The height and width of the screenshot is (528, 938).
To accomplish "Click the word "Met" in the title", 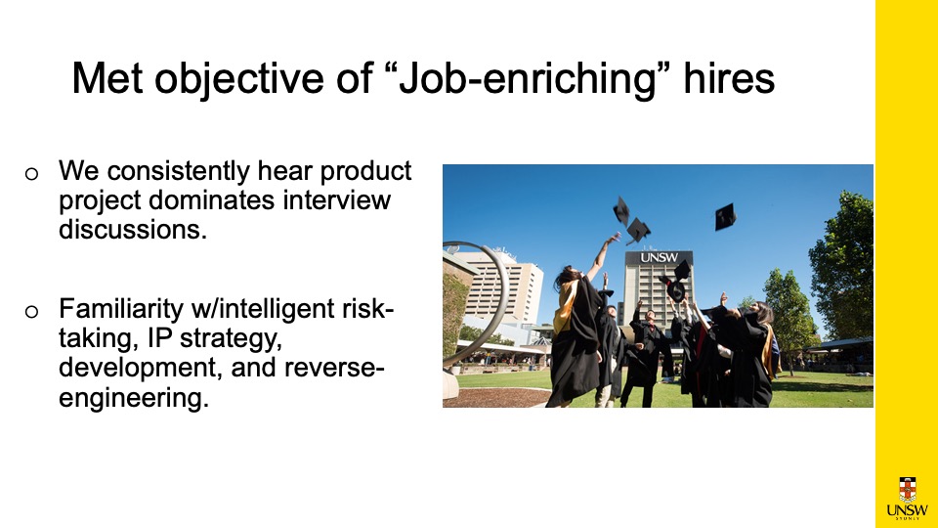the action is (x=107, y=78).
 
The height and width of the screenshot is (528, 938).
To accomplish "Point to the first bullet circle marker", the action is (x=31, y=174).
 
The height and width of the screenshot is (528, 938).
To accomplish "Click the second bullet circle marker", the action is (x=31, y=312).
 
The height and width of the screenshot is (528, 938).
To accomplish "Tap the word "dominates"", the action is (x=212, y=199).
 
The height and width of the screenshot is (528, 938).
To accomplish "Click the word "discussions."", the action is (x=133, y=229).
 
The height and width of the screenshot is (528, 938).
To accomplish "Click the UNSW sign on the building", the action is (x=660, y=257).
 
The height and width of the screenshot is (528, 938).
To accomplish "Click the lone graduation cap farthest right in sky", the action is (x=725, y=216).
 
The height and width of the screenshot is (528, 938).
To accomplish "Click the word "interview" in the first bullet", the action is (x=337, y=199).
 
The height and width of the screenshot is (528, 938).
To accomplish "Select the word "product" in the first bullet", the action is (x=366, y=172).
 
